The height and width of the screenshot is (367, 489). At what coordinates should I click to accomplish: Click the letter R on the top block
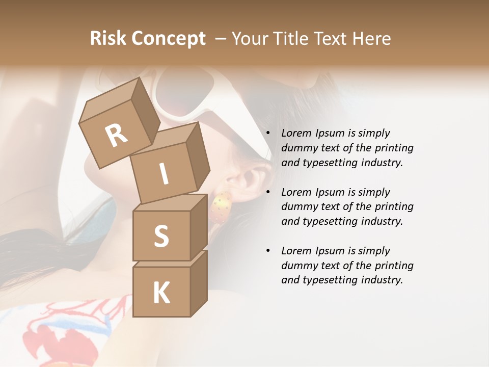coord(116,136)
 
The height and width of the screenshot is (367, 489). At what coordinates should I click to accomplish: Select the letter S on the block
coord(161,236)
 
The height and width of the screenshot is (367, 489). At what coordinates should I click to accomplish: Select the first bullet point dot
coord(268,134)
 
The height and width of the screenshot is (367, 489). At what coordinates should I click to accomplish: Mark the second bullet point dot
coord(268,193)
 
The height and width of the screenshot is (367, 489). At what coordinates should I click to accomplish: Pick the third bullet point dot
coord(268,251)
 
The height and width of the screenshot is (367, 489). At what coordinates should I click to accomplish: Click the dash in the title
coord(221,39)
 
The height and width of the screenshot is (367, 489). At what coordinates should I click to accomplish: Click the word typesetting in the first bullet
coord(330,163)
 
